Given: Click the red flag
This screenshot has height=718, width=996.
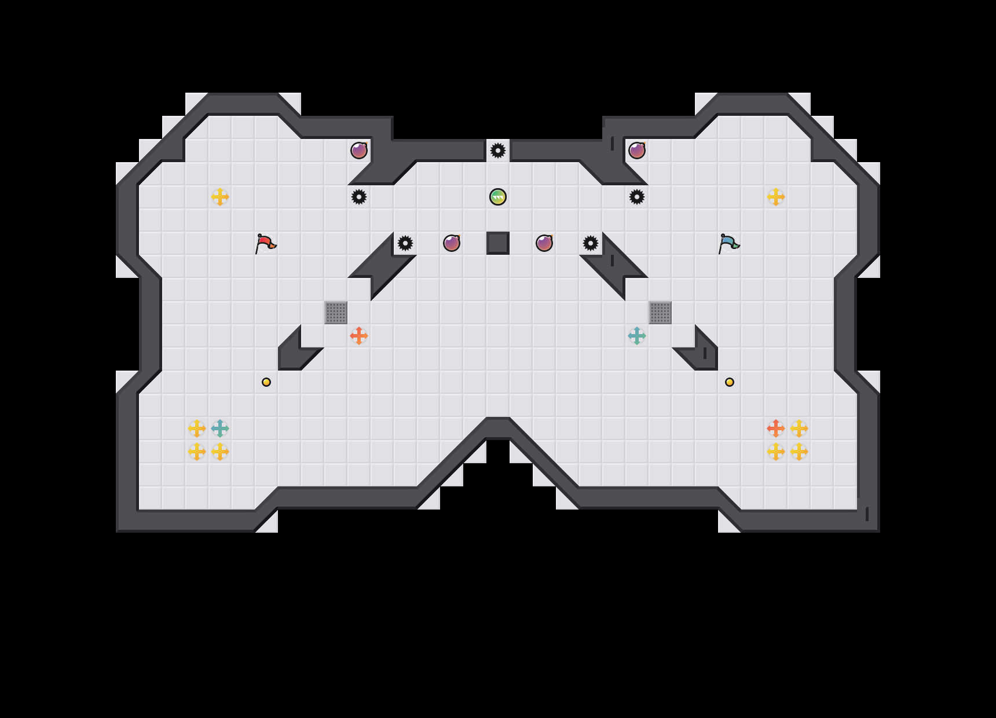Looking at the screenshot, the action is point(265,243).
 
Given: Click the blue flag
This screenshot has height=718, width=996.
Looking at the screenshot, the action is point(728,243).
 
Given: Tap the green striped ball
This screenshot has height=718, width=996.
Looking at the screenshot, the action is point(498,197).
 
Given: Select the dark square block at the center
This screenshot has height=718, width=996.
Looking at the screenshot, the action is point(498,243).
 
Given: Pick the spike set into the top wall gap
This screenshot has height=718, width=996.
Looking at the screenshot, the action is point(498,151).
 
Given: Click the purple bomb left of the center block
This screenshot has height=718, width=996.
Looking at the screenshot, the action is point(452,243).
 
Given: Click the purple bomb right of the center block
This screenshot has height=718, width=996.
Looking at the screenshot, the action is point(544,243).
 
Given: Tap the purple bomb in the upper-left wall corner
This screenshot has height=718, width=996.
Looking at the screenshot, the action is point(359,151).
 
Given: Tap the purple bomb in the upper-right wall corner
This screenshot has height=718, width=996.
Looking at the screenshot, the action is point(637,151).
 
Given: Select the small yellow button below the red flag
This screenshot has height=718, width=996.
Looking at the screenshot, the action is point(266,382).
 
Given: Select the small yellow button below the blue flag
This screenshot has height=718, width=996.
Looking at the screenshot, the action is point(730,382).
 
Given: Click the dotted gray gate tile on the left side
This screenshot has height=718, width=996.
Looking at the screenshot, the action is point(336,313).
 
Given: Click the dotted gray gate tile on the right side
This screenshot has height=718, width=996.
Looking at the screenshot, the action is point(660,313).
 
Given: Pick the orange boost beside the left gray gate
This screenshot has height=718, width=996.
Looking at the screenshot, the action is point(359,336).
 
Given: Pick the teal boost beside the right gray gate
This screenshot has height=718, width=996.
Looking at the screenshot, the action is point(637,336).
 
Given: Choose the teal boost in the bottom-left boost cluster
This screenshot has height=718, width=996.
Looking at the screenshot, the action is point(220,428).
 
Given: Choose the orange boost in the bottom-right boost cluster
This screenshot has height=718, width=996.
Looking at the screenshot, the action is point(776,428).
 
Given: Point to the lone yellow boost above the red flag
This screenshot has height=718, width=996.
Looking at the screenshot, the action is point(220,197).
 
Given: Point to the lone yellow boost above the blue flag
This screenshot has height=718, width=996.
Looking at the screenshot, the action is point(776,197).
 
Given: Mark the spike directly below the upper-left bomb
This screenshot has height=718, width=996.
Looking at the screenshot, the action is point(359,197).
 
